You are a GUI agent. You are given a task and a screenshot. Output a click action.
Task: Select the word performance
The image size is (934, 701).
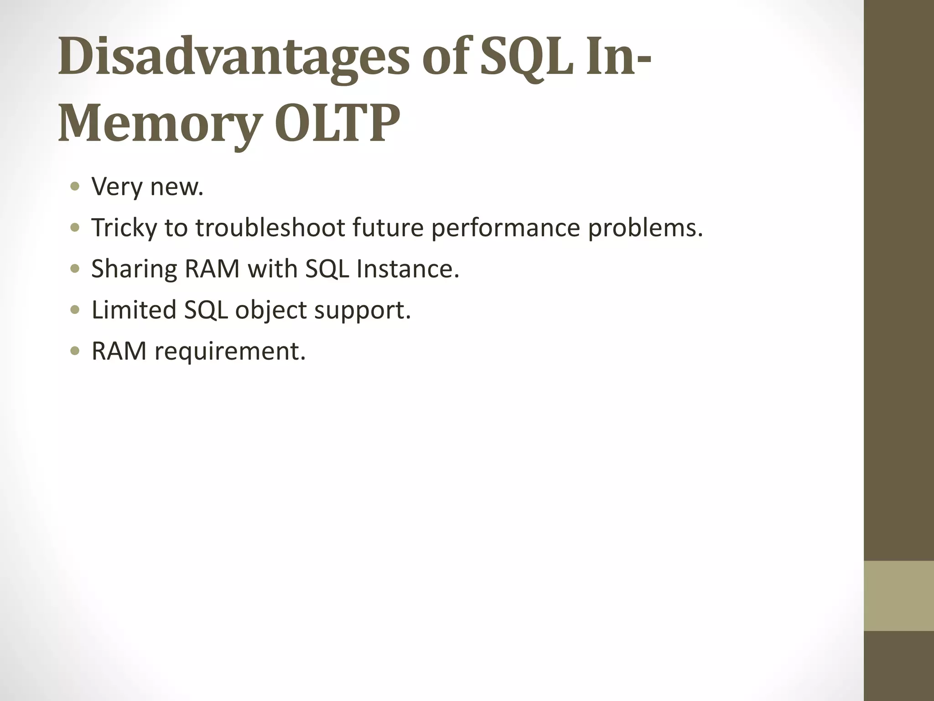(x=505, y=228)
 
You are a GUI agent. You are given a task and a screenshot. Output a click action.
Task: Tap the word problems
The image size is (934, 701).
(x=645, y=228)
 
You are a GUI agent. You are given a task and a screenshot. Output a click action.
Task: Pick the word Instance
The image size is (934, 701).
(x=407, y=268)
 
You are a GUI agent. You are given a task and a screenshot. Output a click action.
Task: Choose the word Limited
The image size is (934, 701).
(x=134, y=310)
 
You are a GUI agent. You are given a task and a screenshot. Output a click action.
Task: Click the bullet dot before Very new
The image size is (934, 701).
(x=75, y=187)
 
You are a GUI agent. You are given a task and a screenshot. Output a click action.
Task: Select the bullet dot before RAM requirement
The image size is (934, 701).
(x=75, y=351)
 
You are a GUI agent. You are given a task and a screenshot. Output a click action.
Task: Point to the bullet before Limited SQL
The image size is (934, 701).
(x=75, y=310)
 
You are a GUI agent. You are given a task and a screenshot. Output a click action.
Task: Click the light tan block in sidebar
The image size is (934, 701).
(x=899, y=596)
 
